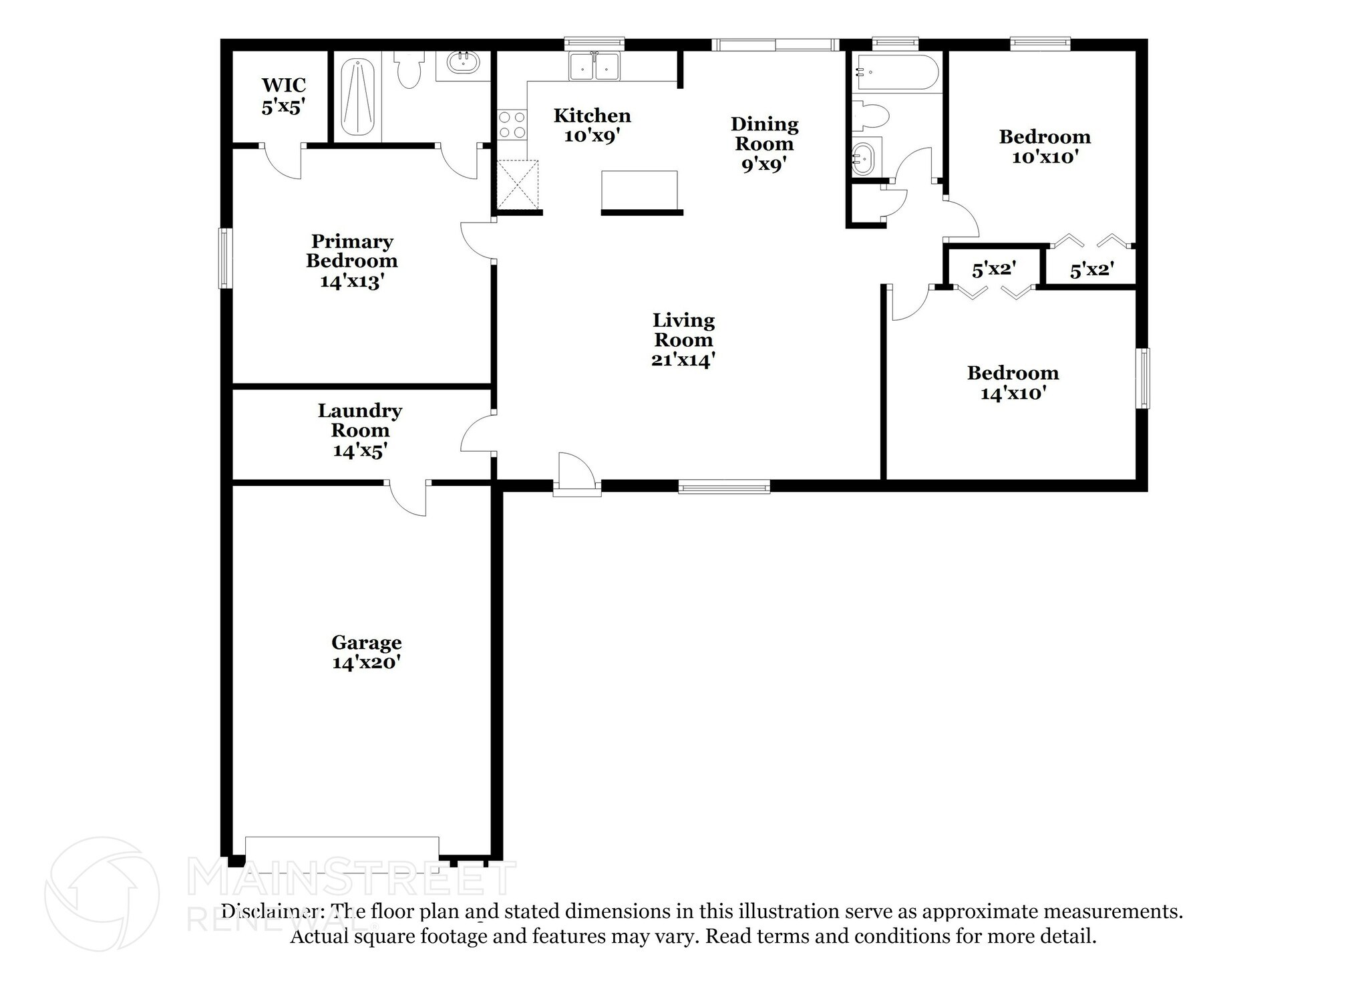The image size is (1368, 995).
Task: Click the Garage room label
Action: pyautogui.click(x=367, y=652)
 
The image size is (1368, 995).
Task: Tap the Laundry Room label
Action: pyautogui.click(x=360, y=430)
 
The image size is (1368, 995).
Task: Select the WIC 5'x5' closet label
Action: pyautogui.click(x=284, y=96)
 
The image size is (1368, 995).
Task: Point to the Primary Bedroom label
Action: pyautogui.click(x=352, y=261)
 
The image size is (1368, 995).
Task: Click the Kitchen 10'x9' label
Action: pyautogui.click(x=592, y=126)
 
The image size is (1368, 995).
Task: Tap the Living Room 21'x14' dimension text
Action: pyautogui.click(x=683, y=360)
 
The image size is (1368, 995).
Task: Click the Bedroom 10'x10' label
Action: pyautogui.click(x=1045, y=147)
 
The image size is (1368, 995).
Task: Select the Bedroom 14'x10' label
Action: pyautogui.click(x=1013, y=383)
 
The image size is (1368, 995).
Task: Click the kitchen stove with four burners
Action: pyautogui.click(x=512, y=125)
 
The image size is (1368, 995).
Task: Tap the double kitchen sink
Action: pyautogui.click(x=594, y=66)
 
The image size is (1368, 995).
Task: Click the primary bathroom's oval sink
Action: pyautogui.click(x=463, y=63)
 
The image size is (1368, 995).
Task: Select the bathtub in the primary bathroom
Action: pyautogui.click(x=359, y=98)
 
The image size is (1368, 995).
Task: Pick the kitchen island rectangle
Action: pyautogui.click(x=639, y=190)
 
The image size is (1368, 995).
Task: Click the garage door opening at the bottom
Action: pyautogui.click(x=342, y=847)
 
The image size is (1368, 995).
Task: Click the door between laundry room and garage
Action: pyautogui.click(x=407, y=498)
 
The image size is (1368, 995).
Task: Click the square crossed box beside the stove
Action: pyautogui.click(x=518, y=185)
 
